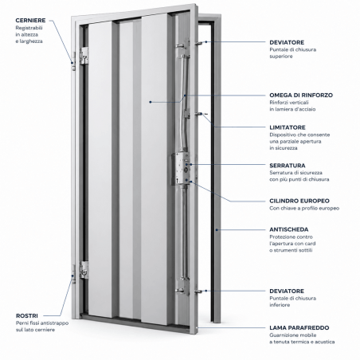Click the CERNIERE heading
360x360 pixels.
tap(30, 21)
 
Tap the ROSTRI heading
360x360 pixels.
tap(27, 316)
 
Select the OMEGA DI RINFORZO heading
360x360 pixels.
tap(301, 95)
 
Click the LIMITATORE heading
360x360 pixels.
tap(288, 127)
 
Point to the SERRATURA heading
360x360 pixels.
tap(288, 166)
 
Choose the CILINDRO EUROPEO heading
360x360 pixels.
tap(299, 201)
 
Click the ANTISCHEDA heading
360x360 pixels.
tap(289, 229)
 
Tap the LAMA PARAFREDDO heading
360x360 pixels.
tap(299, 328)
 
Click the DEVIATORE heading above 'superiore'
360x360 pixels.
tap(287, 42)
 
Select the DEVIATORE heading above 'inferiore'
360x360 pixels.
tap(287, 292)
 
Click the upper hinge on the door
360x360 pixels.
tap(84, 56)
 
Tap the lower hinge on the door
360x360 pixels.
tap(84, 270)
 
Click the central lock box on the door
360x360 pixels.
tap(181, 169)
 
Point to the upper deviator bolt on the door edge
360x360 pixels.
tap(199, 42)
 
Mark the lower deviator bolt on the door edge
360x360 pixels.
tap(199, 292)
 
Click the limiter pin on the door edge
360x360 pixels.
tap(199, 114)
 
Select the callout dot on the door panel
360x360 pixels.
tap(151, 102)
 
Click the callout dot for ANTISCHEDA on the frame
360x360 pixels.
tap(217, 230)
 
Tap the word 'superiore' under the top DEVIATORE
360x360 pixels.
tap(281, 57)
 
